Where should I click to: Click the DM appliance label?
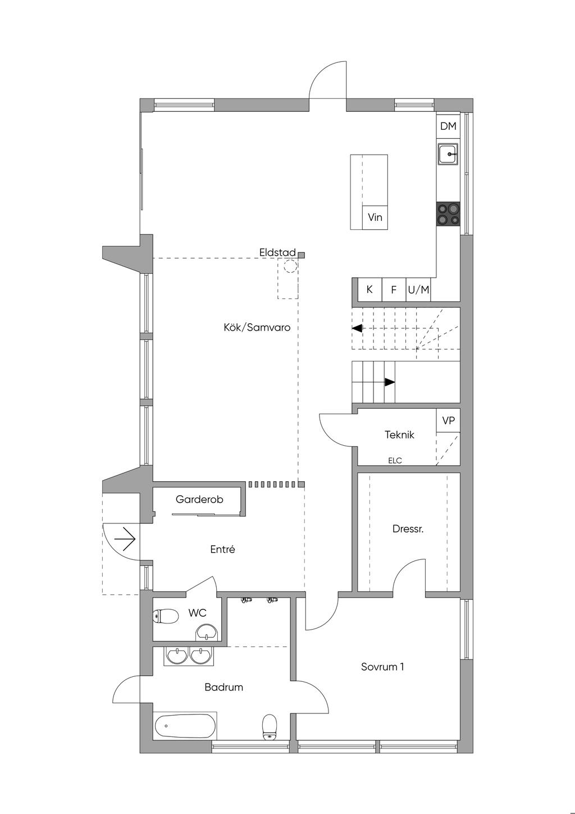pos(448,126)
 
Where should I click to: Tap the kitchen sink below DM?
pos(448,154)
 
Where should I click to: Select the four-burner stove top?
pos(448,214)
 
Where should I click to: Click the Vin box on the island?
pos(375,218)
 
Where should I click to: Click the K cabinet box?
pos(369,290)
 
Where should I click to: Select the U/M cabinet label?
pos(418,290)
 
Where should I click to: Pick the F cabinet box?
pos(394,290)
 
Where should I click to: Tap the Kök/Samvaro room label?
pos(257,327)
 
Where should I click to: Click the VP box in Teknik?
pos(448,420)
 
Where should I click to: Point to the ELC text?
pos(395,460)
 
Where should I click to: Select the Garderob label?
pos(199,499)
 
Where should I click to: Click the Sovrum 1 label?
pos(382,667)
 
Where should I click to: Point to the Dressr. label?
pos(408,529)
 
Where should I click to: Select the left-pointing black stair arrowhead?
pos(357,328)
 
